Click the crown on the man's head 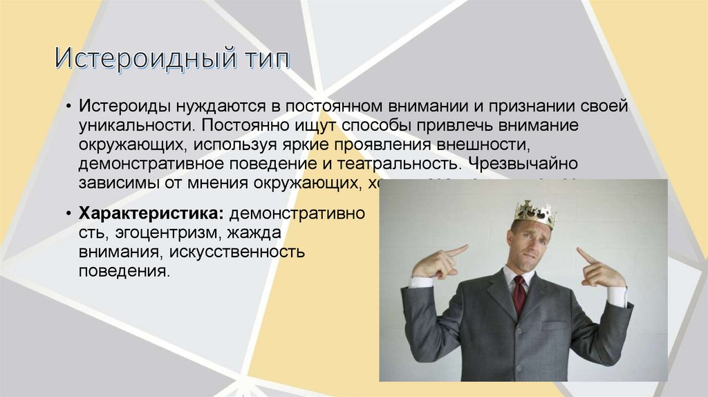[x=535, y=212]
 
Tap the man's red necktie [x=519, y=293]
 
